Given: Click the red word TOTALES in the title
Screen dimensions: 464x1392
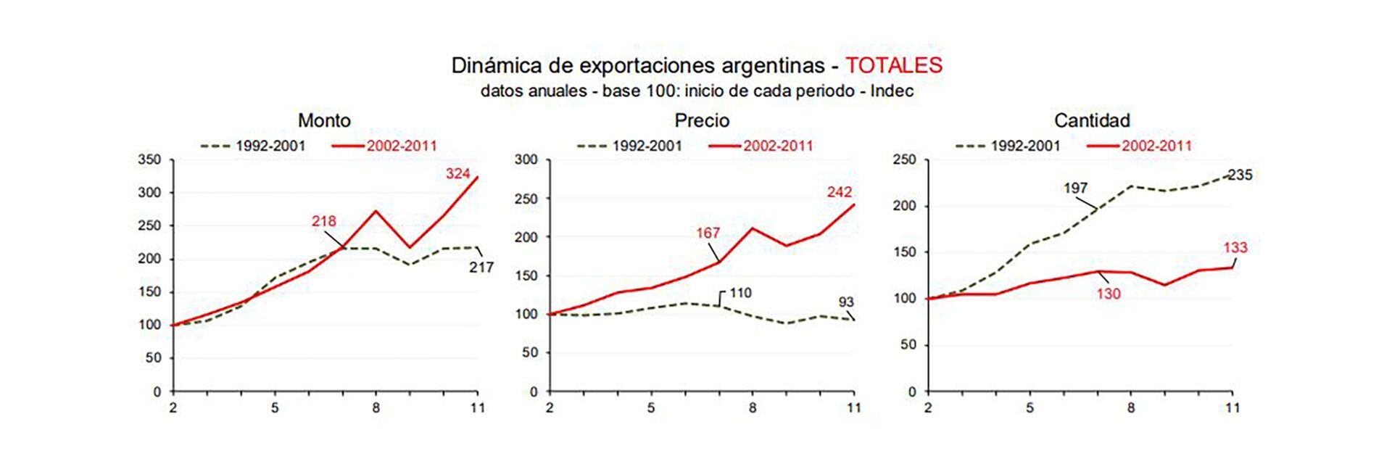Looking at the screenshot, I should [893, 65].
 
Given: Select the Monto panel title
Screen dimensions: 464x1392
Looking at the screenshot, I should [324, 120].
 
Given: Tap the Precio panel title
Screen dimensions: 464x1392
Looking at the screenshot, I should [702, 120].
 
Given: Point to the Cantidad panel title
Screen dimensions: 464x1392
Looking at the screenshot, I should [1092, 120].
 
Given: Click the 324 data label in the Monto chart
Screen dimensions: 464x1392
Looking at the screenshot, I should [457, 174].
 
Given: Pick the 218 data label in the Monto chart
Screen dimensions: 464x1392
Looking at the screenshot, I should [323, 222].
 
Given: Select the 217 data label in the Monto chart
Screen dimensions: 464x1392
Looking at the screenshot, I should [481, 268].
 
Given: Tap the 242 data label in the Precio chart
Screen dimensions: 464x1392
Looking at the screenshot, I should [839, 193].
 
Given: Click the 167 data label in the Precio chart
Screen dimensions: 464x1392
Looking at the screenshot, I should [708, 233].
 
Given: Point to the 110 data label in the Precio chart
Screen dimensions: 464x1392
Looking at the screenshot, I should [740, 294].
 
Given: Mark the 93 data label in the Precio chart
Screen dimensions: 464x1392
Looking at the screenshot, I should [846, 302].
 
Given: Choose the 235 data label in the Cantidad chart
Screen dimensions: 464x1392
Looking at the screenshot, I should [1240, 175].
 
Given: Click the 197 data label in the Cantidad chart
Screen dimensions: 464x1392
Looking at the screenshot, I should [1075, 188].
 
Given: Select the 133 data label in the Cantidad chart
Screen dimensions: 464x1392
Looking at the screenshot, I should [1235, 248].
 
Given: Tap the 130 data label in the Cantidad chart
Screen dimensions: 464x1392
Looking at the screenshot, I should [1109, 294].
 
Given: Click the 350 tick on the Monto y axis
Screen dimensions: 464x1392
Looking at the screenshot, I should [149, 160].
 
